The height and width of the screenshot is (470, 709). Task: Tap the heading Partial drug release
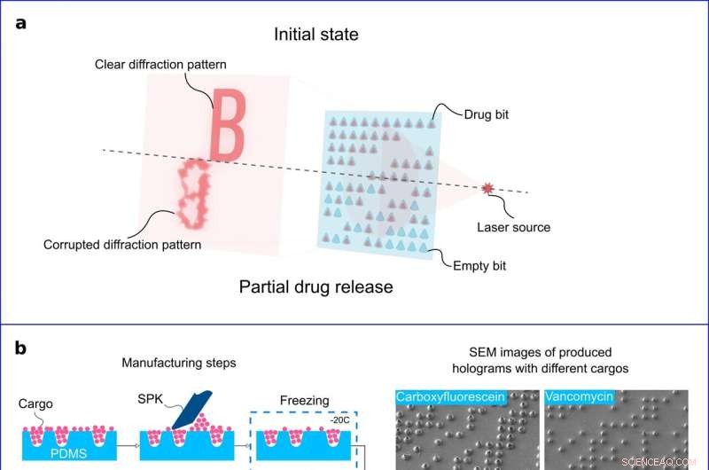tap(316, 287)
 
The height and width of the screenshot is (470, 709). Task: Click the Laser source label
tap(513, 227)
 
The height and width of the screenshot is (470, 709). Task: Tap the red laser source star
tap(487, 188)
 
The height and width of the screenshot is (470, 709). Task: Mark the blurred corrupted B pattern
tap(191, 192)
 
